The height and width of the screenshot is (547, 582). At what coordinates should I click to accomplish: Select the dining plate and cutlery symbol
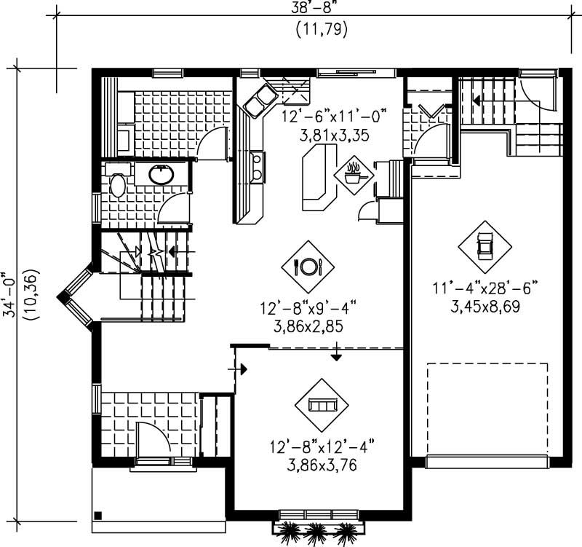[x=307, y=266]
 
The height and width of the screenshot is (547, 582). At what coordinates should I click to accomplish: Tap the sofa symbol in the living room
[x=320, y=404]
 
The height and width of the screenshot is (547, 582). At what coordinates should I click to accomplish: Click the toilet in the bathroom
[x=117, y=184]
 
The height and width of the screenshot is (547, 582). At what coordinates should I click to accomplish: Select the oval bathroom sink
[x=160, y=174]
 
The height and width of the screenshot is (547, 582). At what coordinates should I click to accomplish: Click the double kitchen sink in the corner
[x=259, y=101]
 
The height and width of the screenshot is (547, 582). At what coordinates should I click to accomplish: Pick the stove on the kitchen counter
[x=257, y=166]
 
